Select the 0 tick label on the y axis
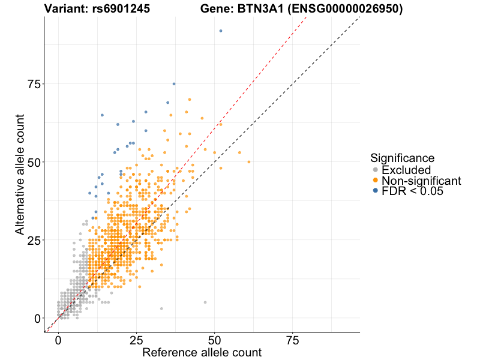pos(38,318)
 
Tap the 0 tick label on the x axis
pos(58,340)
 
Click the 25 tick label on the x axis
pos(136,340)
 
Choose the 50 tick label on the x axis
pos(215,340)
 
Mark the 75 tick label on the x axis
pos(293,340)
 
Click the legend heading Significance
pos(402,158)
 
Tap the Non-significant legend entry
pos(421,181)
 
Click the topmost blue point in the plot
pos(221,31)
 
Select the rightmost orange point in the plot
pos(249,162)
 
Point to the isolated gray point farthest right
pos(205,302)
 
